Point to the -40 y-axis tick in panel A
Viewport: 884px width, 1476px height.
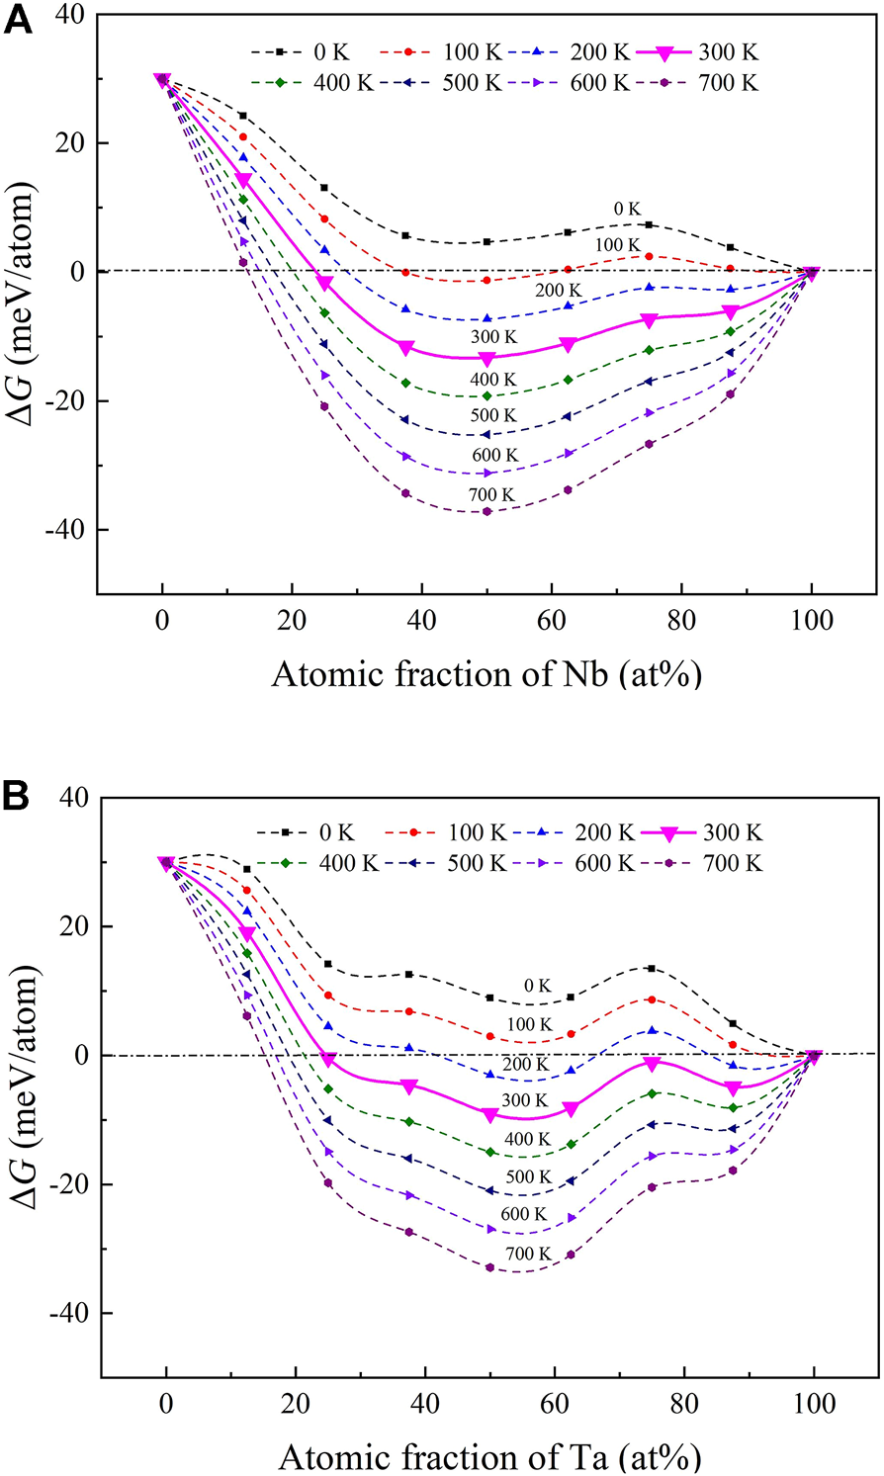click(x=68, y=530)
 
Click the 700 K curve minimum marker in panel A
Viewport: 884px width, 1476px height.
click(x=486, y=511)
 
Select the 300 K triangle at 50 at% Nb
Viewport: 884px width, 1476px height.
click(x=486, y=359)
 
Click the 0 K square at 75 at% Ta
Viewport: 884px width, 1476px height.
click(x=651, y=968)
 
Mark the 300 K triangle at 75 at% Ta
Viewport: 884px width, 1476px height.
click(x=651, y=1064)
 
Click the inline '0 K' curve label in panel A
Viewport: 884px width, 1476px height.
click(x=626, y=209)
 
